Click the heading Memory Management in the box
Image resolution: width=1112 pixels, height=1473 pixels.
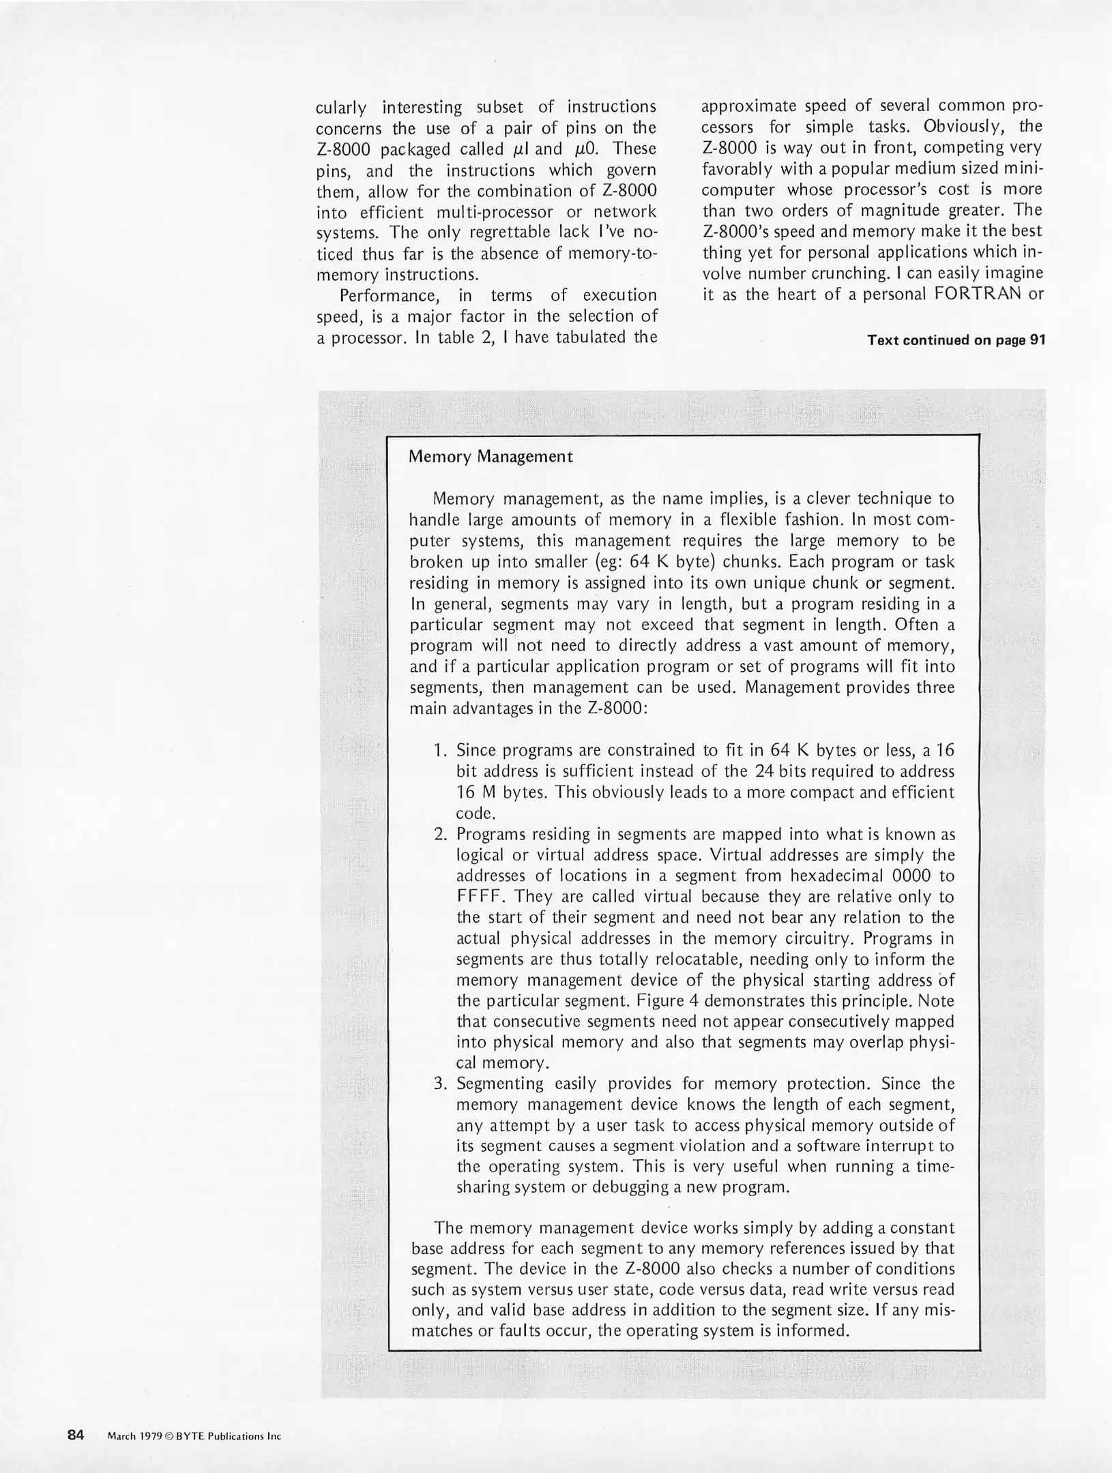click(490, 457)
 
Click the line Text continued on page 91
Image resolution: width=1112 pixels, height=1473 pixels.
click(956, 340)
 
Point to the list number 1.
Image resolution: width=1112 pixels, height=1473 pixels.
click(440, 751)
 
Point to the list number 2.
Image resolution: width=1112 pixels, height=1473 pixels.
click(440, 835)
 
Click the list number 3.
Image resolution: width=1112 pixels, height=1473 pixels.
click(440, 1084)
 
